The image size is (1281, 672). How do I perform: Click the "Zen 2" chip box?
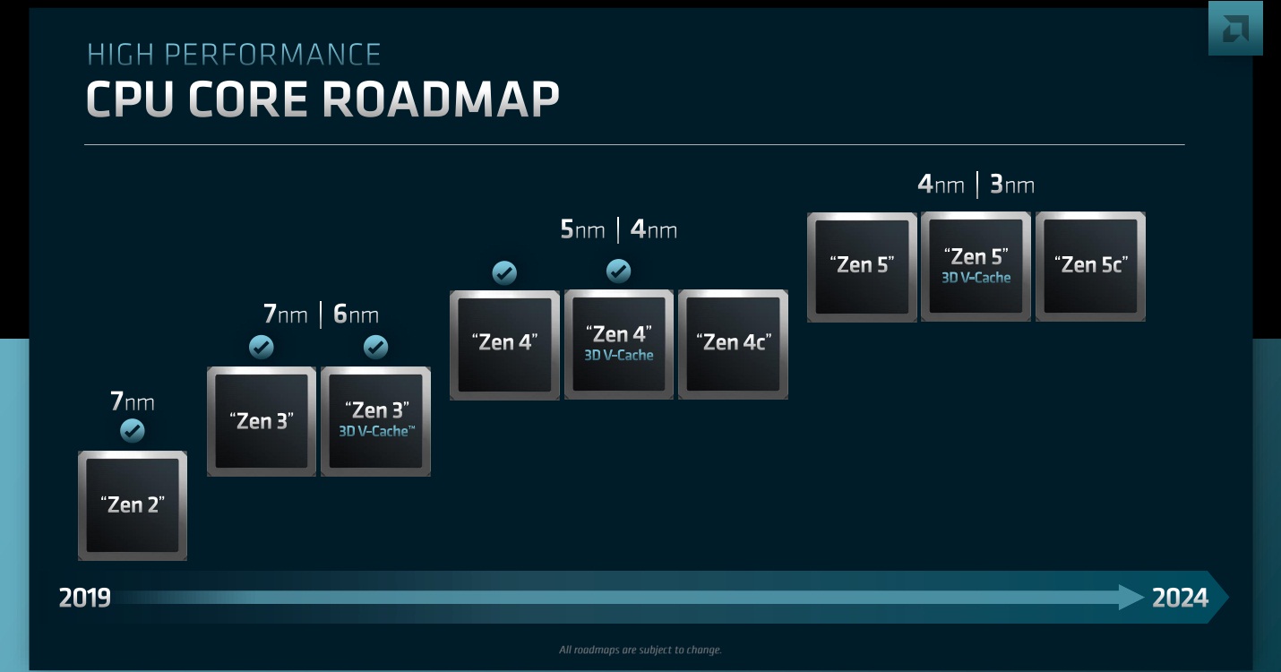pos(133,505)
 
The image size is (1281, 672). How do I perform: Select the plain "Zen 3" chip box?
pos(262,421)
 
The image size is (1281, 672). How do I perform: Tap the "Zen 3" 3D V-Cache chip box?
pos(375,421)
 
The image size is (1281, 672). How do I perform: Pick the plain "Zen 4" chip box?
pos(504,344)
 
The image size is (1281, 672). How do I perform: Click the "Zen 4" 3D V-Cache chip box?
pos(619,344)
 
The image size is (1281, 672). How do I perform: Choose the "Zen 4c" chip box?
pos(733,344)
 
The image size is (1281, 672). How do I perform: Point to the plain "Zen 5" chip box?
pos(862,266)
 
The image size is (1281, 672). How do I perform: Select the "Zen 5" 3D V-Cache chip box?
pos(976,266)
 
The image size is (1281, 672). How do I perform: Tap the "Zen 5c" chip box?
pos(1090,266)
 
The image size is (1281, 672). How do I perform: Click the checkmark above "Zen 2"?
pos(132,432)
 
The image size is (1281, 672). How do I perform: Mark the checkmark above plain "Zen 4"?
pos(504,272)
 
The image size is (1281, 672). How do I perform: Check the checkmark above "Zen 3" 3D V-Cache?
pos(375,347)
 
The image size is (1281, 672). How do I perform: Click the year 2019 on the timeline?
pos(85,598)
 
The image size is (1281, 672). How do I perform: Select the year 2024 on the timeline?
pos(1180,598)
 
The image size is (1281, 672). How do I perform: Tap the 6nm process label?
pos(356,314)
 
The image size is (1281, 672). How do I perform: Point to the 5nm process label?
pos(582,229)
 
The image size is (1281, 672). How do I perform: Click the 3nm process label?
pos(1011,185)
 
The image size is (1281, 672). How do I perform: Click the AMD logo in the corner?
pos(1234,29)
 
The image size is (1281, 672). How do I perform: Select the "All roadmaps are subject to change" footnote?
pos(640,650)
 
